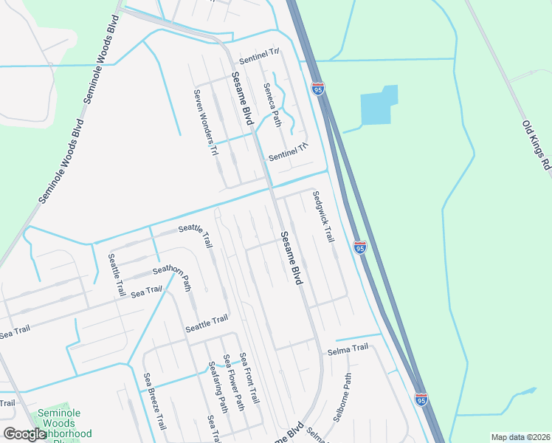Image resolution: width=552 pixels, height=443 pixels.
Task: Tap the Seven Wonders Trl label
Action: point(206,123)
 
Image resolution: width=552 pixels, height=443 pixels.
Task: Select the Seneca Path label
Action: point(273,103)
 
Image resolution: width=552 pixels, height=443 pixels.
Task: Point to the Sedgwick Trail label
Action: point(323,216)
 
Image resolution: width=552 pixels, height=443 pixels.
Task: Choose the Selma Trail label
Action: point(348,348)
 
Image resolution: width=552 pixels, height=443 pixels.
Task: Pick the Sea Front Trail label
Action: point(251,377)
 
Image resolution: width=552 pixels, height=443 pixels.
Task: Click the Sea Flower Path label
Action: point(235,382)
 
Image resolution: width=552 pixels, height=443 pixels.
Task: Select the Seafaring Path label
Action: point(218,386)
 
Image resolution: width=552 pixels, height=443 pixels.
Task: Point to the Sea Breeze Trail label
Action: point(155,402)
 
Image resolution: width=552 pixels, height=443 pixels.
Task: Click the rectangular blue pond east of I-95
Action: point(379,106)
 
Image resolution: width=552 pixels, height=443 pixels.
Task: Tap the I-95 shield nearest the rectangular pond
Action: point(318,89)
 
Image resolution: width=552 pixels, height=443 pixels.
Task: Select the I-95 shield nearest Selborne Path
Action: point(421,399)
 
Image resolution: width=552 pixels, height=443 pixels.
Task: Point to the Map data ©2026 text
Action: point(520,437)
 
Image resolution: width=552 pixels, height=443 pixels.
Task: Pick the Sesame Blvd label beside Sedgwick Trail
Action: point(291,258)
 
